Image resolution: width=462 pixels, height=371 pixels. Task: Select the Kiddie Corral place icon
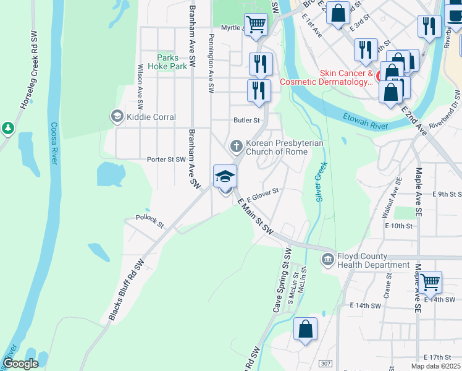click(116, 116)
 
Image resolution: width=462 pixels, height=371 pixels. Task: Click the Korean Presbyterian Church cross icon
click(236, 147)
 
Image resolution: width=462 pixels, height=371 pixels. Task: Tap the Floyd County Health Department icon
click(328, 260)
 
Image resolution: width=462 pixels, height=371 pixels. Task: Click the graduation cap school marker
click(225, 177)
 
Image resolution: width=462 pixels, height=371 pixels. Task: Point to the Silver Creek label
click(321, 182)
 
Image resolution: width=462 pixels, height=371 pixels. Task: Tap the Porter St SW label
click(166, 159)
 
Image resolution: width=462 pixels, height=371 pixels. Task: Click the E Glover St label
click(263, 195)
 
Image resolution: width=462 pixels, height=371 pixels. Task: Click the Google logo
click(20, 364)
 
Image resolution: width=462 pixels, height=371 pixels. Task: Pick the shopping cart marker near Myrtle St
click(256, 25)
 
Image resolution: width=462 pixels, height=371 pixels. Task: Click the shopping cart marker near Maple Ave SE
click(430, 282)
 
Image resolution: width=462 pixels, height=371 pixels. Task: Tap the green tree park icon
click(7, 128)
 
